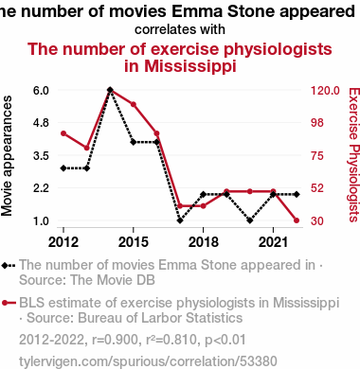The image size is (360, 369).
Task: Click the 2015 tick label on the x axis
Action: click(134, 242)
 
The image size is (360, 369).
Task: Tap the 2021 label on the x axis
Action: click(273, 242)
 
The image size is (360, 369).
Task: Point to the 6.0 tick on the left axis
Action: click(41, 91)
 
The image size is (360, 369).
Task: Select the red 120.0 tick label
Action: click(325, 91)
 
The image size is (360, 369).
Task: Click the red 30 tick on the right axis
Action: click(317, 220)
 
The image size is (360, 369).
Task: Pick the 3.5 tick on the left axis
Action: click(41, 155)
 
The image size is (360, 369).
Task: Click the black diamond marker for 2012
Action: click(63, 168)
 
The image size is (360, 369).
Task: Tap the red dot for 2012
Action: click(63, 133)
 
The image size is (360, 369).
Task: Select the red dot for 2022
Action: click(297, 220)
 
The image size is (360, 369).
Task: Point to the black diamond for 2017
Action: click(180, 220)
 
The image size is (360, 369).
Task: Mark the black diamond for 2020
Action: click(250, 220)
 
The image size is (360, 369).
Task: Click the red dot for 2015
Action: click(134, 104)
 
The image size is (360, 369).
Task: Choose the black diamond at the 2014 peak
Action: click(110, 90)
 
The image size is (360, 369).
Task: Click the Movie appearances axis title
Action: click(7, 156)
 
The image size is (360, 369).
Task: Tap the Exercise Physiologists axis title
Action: click(353, 154)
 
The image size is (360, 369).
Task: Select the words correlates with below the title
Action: click(180, 29)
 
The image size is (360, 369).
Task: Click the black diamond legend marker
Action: click(9, 266)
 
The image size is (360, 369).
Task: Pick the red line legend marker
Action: click(9, 303)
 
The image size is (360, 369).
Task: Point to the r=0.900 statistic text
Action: click(115, 340)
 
